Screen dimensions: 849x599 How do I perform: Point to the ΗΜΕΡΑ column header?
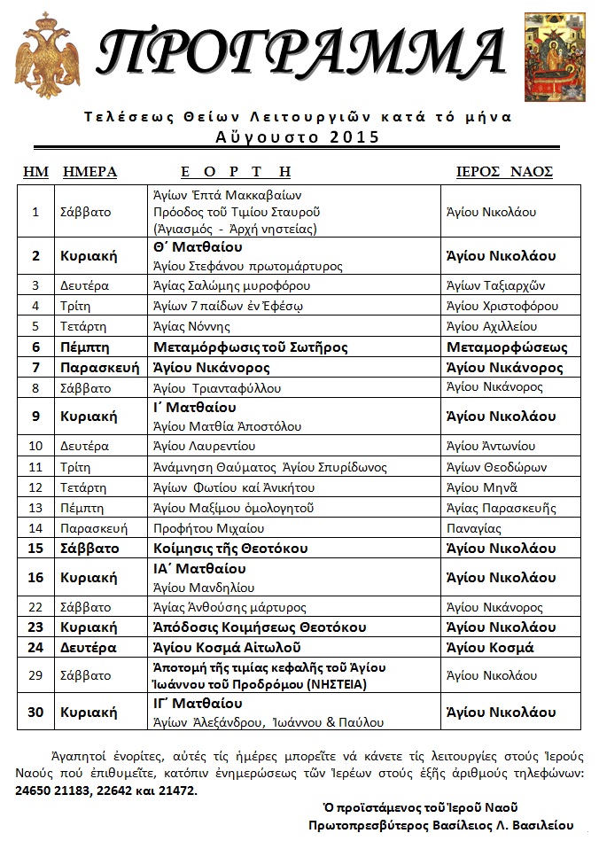coord(89,172)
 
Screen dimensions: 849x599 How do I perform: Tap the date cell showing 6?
coord(36,347)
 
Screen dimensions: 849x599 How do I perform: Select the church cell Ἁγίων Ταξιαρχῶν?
coord(495,285)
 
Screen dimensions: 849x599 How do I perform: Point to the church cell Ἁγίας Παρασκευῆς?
coord(502,508)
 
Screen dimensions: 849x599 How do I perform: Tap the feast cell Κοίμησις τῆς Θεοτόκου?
coord(229,549)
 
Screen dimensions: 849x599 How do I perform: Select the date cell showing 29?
coord(36,676)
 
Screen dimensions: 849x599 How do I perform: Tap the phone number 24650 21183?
coord(59,791)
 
